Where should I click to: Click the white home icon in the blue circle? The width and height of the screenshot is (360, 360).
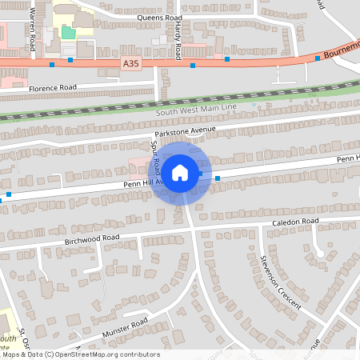click(x=180, y=172)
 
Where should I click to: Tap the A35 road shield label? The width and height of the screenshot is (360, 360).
click(x=133, y=62)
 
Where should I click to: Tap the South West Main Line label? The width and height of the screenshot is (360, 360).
click(x=197, y=107)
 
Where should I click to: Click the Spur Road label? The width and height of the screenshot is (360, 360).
click(x=156, y=158)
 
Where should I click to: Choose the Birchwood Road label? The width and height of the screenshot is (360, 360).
click(x=92, y=238)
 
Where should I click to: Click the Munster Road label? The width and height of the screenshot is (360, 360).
click(x=126, y=327)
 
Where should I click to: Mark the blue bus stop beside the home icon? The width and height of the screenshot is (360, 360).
click(x=217, y=178)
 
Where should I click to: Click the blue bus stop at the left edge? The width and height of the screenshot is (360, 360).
click(x=9, y=194)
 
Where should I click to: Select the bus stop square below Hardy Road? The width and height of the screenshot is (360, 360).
click(x=192, y=66)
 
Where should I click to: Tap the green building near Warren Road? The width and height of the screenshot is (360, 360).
click(x=69, y=32)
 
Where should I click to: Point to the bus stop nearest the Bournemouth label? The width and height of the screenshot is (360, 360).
click(x=318, y=58)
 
